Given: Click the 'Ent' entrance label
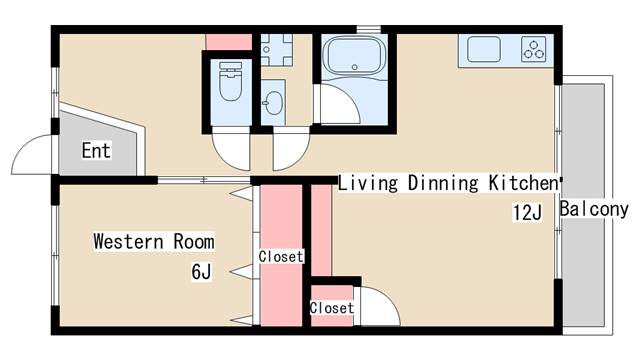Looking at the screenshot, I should pyautogui.click(x=96, y=151).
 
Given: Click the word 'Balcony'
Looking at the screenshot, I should pyautogui.click(x=594, y=209).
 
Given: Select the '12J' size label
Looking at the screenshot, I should pyautogui.click(x=527, y=213).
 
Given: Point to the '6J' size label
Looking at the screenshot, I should pyautogui.click(x=201, y=271).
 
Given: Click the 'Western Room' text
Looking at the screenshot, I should pyautogui.click(x=153, y=241).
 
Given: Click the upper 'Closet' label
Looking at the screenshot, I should pyautogui.click(x=280, y=257).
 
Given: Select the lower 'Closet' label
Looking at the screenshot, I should pyautogui.click(x=332, y=308).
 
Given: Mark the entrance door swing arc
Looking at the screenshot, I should pyautogui.click(x=30, y=155).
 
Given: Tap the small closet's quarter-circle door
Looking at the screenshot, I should pyautogui.click(x=377, y=305).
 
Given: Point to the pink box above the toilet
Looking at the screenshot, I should pyautogui.click(x=227, y=41).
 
